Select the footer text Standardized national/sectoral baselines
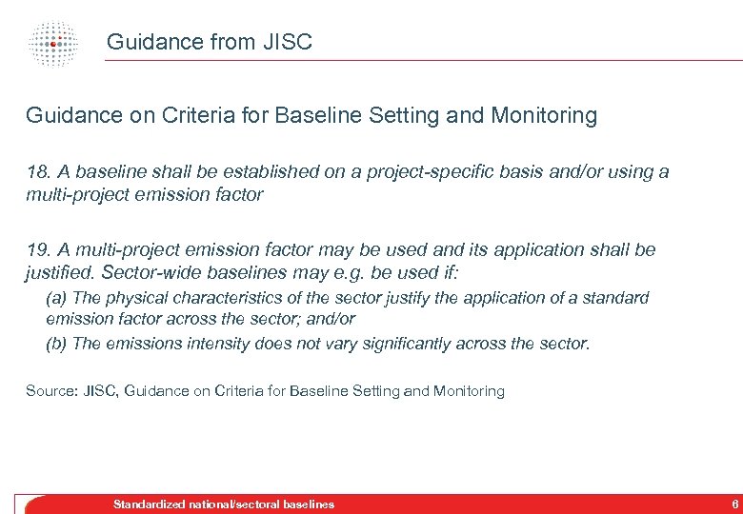[224, 504]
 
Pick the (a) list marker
[56, 298]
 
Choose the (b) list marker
[56, 344]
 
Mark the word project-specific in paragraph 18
[415, 172]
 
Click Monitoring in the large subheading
[544, 116]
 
